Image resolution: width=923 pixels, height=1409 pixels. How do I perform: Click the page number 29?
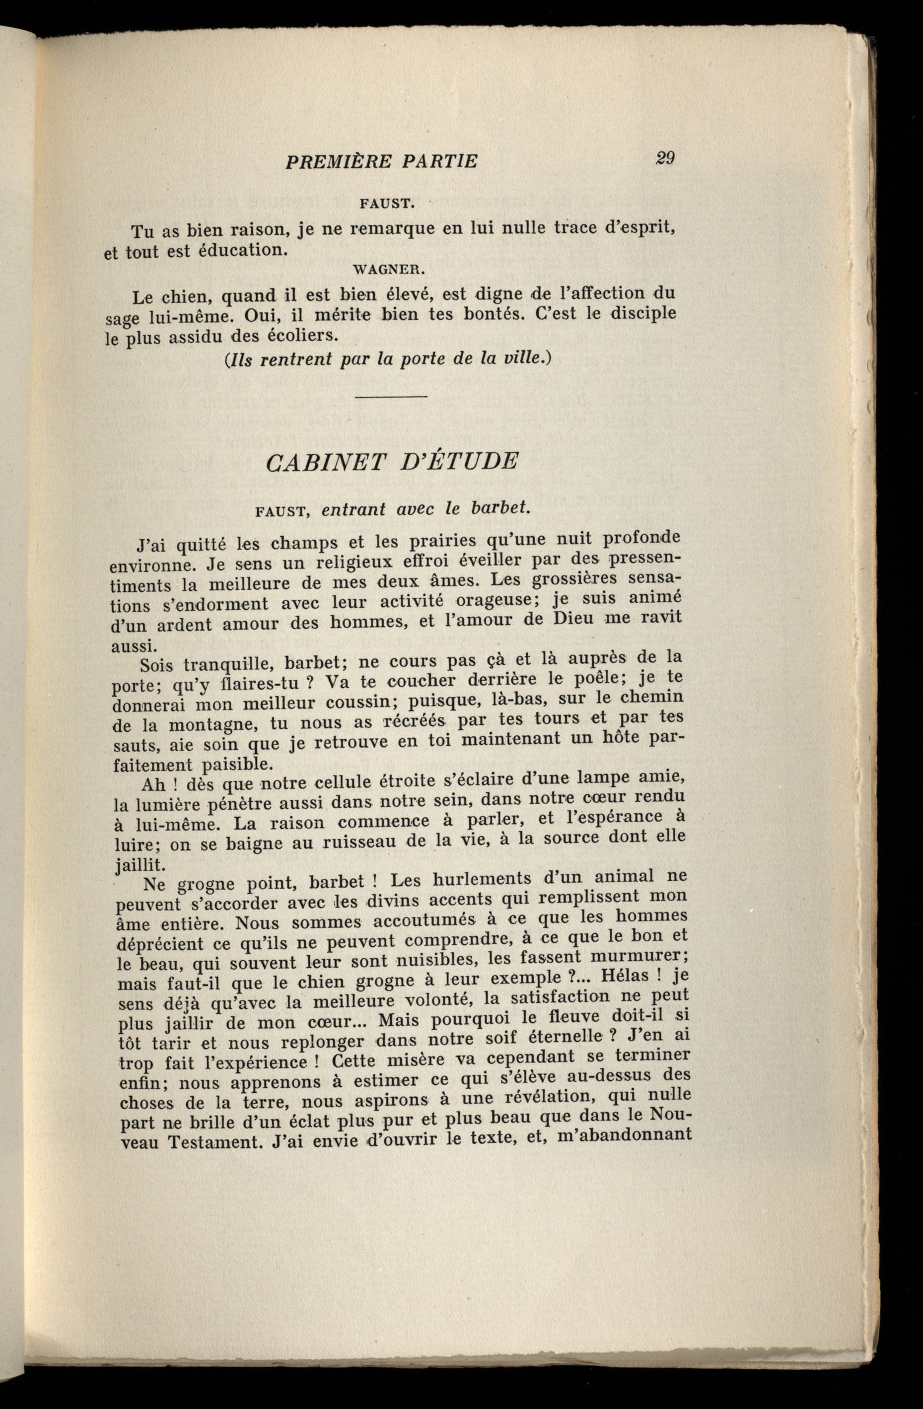pyautogui.click(x=665, y=159)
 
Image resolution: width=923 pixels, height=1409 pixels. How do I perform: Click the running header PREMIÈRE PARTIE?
pyautogui.click(x=381, y=161)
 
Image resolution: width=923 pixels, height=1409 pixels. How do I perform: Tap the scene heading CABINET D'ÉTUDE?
pyautogui.click(x=392, y=461)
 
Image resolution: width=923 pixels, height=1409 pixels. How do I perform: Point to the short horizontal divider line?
pyautogui.click(x=391, y=396)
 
